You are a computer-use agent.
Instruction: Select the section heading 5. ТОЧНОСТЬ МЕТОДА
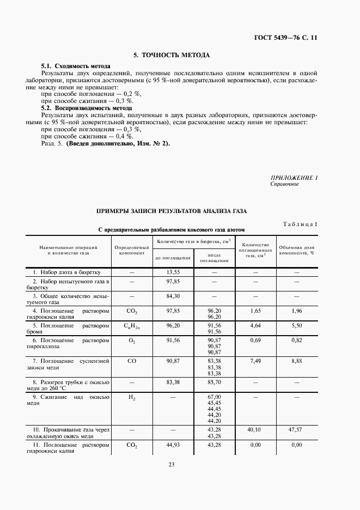coord(172,55)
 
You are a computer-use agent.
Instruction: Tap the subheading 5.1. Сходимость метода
coord(76,66)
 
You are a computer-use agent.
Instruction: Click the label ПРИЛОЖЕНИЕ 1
coord(294,178)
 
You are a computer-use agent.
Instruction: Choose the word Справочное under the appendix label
coord(284,184)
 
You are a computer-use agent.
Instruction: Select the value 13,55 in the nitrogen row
coord(173,271)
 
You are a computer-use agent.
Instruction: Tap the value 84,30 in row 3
coord(173,296)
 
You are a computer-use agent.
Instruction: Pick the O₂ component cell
coord(131,340)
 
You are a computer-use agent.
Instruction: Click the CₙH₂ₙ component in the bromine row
coord(131,325)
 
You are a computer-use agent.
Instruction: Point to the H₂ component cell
coord(131,398)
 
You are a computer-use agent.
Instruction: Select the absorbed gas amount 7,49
coord(255,360)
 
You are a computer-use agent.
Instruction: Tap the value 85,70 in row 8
coord(213,384)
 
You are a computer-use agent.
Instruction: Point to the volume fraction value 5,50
coord(296,325)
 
